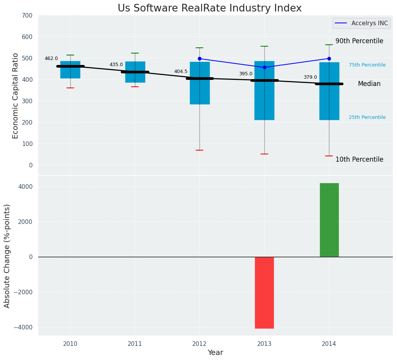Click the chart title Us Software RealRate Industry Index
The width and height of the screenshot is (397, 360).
209,8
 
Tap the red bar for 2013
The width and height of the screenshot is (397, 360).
264,292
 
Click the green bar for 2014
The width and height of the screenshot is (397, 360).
329,220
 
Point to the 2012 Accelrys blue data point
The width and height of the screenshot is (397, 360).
199,59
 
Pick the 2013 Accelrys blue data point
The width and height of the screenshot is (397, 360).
264,68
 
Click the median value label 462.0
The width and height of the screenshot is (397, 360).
51,58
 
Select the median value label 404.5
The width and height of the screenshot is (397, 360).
181,71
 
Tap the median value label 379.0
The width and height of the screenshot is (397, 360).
310,77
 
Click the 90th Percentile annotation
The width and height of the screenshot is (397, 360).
359,41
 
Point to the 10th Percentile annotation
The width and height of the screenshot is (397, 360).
359,159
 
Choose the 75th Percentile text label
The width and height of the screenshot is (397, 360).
367,65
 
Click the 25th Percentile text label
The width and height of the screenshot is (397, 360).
367,117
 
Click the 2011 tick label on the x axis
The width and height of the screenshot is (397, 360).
135,344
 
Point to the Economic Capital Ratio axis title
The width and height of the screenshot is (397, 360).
16,96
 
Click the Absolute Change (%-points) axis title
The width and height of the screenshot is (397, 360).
7,256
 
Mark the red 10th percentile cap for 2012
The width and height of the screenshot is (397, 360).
199,150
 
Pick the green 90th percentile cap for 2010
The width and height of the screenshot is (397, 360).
70,55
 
